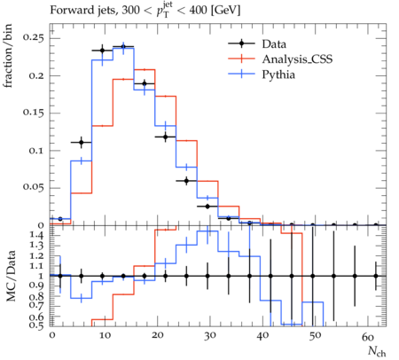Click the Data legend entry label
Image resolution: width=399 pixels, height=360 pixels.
274,44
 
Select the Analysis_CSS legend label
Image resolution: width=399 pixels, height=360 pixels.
297,59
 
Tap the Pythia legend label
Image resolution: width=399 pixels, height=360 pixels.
278,74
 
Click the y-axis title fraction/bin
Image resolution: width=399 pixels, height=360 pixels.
8,56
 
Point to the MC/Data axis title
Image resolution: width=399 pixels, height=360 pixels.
11,276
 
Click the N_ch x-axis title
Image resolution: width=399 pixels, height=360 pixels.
377,351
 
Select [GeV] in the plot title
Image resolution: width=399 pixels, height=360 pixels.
225,11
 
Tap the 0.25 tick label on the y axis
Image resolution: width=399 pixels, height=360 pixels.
33,38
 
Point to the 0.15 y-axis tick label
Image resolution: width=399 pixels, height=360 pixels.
33,113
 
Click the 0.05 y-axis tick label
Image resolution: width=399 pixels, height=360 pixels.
33,187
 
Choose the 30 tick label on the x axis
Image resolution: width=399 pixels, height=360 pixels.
209,336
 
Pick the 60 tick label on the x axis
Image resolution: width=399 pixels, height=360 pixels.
368,336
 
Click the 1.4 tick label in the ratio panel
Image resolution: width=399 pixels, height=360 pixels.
37,236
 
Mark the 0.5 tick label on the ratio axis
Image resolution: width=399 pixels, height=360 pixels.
37,325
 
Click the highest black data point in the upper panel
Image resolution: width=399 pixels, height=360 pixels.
123,47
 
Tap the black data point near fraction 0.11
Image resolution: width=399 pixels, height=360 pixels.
82,143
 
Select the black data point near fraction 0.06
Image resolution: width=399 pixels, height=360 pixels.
186,181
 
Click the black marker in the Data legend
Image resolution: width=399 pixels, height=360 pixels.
241,43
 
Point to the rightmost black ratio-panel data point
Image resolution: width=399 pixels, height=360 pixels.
376,276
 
